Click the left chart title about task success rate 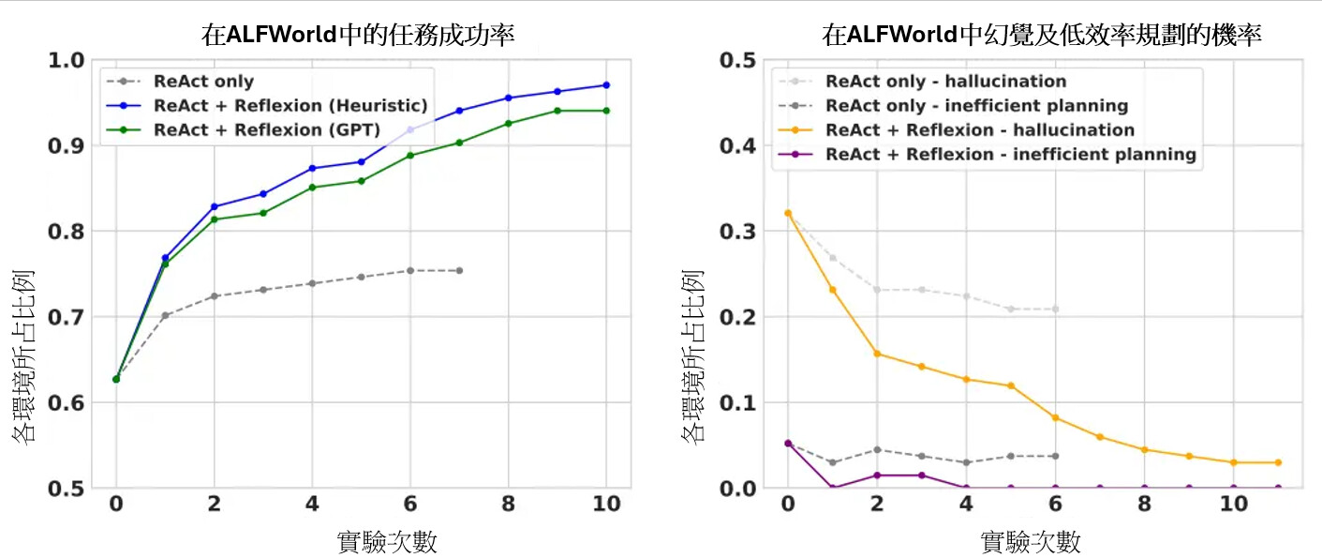[359, 36]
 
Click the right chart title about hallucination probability [1042, 36]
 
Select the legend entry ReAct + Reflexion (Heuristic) [290, 105]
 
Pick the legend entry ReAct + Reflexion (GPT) [267, 129]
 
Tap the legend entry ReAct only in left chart [204, 82]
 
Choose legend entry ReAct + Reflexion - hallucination [980, 129]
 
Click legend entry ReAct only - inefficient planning [976, 106]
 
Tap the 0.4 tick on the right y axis [736, 146]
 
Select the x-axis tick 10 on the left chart [606, 504]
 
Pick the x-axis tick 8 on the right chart [1144, 504]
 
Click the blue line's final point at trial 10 [606, 85]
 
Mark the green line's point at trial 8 [508, 123]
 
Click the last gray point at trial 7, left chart [459, 271]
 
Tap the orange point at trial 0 [788, 213]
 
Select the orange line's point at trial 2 [877, 354]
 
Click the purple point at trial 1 [832, 488]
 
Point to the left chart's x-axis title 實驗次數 [386, 541]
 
